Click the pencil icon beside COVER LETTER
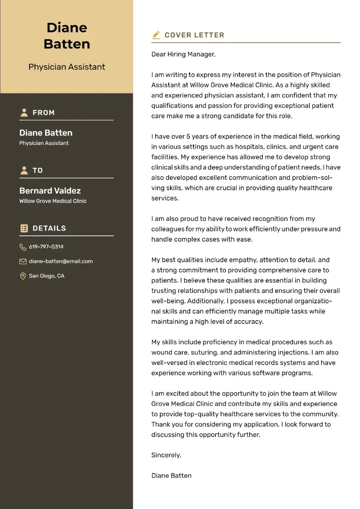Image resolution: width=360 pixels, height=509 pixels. click(x=156, y=35)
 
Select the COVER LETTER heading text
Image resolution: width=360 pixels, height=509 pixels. click(x=194, y=35)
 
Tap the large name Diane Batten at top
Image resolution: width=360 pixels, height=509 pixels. click(x=67, y=36)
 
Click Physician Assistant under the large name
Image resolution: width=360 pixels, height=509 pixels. click(x=67, y=67)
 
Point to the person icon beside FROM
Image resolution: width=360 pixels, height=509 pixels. click(x=24, y=113)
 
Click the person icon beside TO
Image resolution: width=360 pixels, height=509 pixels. click(x=24, y=171)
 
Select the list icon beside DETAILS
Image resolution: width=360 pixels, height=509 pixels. click(x=24, y=228)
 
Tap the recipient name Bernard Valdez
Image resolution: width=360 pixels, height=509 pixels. click(x=50, y=190)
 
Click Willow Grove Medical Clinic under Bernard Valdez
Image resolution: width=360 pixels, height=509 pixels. click(x=53, y=201)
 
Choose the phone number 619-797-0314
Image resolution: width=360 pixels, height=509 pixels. click(x=46, y=247)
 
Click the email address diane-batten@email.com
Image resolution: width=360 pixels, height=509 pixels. click(x=61, y=261)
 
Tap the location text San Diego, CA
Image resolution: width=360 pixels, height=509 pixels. click(x=46, y=276)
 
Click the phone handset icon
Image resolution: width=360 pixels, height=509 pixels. click(x=23, y=247)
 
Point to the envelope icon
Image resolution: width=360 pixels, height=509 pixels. click(x=23, y=261)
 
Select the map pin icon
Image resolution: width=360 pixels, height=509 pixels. click(x=23, y=276)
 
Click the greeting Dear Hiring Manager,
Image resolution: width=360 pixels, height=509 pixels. click(x=183, y=54)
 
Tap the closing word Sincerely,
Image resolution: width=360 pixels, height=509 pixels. click(x=166, y=455)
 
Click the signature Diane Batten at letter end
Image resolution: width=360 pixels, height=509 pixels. click(x=171, y=476)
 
